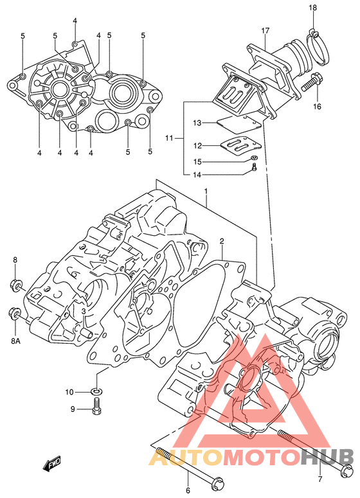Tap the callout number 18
tap(312, 8)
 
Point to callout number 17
tap(265, 31)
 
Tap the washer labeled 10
tap(97, 391)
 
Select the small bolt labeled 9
tap(96, 407)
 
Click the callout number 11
tap(169, 138)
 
